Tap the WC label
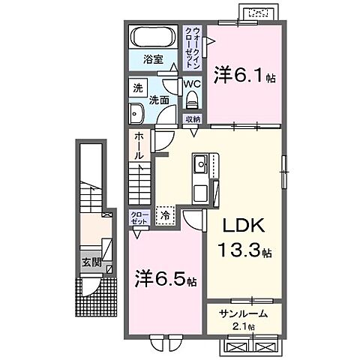tap(191, 84)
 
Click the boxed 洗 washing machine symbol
tap(138, 88)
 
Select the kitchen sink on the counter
tap(201, 164)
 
